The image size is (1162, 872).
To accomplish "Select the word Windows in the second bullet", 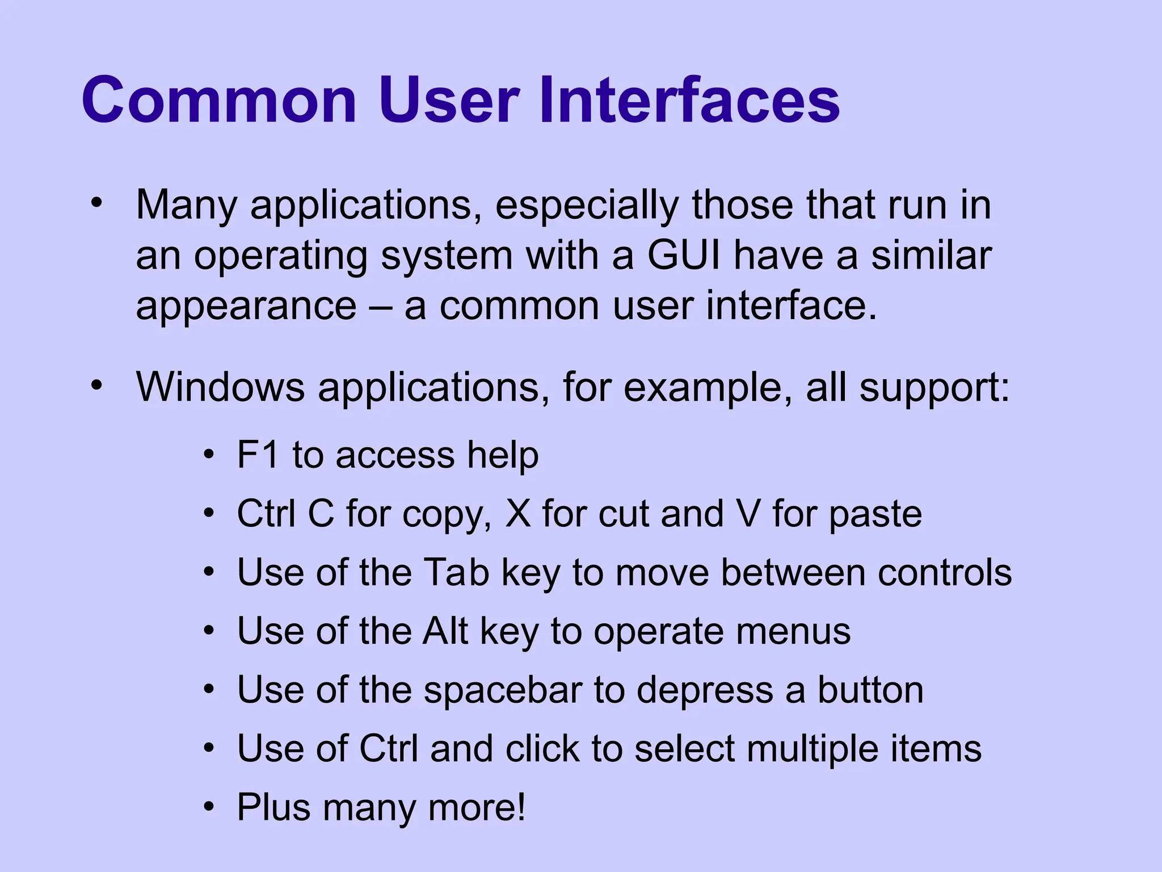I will (x=220, y=387).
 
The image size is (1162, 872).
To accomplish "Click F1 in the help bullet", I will (x=258, y=455).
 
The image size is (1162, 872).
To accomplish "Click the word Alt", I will (x=445, y=631).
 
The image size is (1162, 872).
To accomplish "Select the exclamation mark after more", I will (x=521, y=807).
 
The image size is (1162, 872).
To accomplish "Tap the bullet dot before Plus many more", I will (x=209, y=807).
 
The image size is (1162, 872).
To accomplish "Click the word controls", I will (x=945, y=572).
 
